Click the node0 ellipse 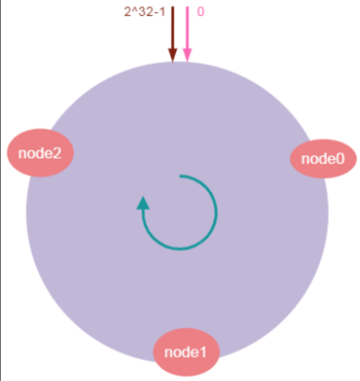[x=323, y=159]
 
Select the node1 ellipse [x=186, y=352]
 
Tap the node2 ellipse [x=40, y=153]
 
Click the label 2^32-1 [x=144, y=12]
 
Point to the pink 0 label [x=201, y=12]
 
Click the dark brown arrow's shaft [x=173, y=27]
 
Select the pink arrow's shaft [x=187, y=27]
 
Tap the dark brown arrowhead [x=173, y=55]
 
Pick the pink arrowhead [x=187, y=55]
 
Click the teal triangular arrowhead [x=143, y=203]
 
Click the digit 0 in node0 [x=340, y=159]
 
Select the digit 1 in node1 [x=202, y=352]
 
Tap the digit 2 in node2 [x=57, y=153]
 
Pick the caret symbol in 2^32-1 [x=134, y=9]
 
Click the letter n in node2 [x=22, y=154]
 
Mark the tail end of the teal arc [x=180, y=176]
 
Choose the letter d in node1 [x=185, y=352]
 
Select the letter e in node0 [x=331, y=160]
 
